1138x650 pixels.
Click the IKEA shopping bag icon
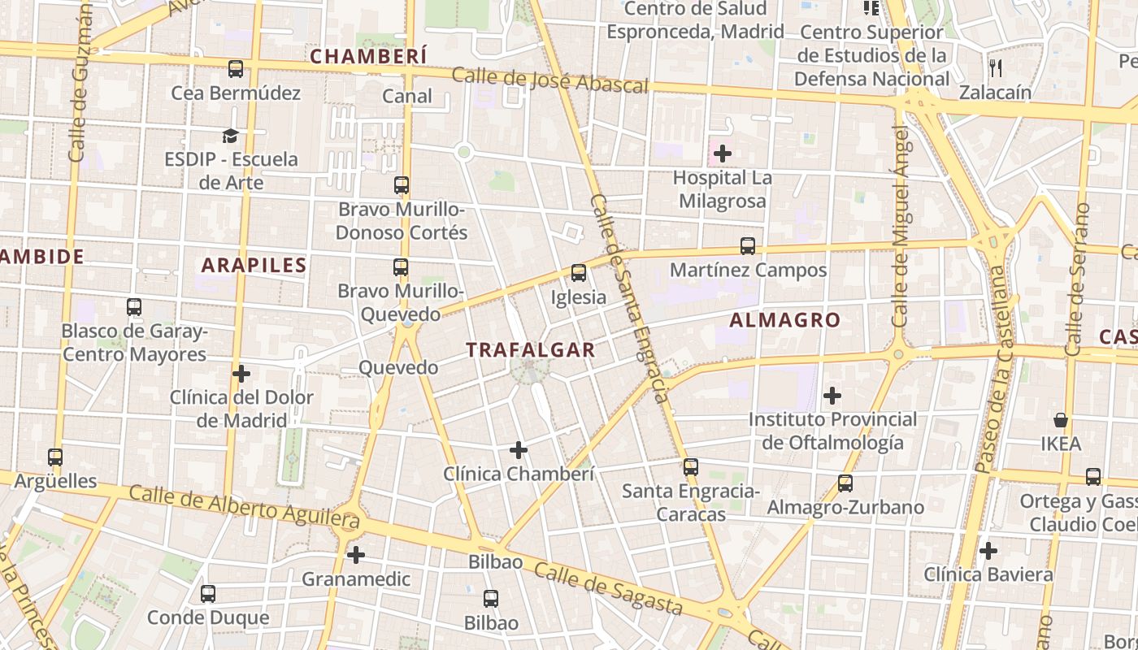(x=1061, y=420)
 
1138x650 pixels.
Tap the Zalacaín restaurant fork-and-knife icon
(x=995, y=68)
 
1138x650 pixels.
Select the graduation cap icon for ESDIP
(x=231, y=136)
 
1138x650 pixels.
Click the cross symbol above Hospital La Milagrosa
(x=722, y=153)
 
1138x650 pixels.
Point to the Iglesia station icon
(x=579, y=273)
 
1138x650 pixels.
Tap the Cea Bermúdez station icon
(x=236, y=69)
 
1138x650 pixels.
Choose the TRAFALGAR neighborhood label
(x=531, y=350)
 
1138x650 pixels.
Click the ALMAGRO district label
(x=784, y=320)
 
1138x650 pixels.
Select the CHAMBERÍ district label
(x=369, y=56)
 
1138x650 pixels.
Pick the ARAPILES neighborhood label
(x=254, y=265)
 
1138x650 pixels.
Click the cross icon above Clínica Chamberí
(x=518, y=449)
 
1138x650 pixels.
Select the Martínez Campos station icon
(x=748, y=246)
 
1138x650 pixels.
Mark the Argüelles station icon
(x=55, y=457)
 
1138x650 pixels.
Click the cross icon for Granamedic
(x=356, y=556)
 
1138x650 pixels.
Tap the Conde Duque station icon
(x=208, y=594)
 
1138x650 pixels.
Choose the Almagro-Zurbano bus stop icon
(x=845, y=483)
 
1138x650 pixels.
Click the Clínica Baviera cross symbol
(x=988, y=551)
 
